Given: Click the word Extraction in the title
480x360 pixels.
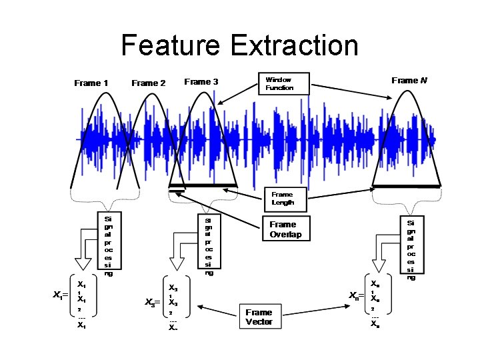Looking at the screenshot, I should point(294,46).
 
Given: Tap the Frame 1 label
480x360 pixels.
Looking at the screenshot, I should point(91,83).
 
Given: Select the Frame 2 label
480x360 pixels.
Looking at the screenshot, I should point(149,83).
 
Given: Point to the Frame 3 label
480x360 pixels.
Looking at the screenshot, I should point(201,82).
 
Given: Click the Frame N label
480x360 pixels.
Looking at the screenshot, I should point(409,81).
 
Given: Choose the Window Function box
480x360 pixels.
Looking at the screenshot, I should point(283,83).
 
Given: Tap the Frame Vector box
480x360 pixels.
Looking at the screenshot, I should point(259,317).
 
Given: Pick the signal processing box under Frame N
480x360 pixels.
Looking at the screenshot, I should point(411,248).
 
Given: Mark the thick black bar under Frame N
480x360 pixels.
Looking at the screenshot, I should point(406,185).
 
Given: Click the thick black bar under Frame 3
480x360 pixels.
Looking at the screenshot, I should point(203,185).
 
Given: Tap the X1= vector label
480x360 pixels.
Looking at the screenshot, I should point(61,295).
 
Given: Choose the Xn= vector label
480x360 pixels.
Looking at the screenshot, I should point(357,295).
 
